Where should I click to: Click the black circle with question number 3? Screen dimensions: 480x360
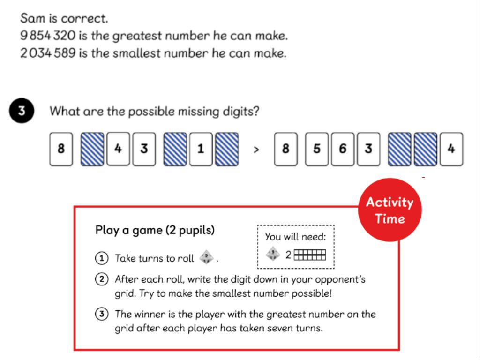coord(22,111)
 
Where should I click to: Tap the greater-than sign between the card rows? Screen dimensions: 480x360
coord(256,150)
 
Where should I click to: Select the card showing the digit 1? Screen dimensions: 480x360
coord(201,149)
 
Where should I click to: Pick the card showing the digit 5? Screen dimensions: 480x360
coord(316,149)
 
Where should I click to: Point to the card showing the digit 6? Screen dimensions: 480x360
coord(343,149)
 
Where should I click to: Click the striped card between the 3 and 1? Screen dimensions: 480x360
coord(175,149)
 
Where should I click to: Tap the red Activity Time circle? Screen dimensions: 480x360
coord(390,210)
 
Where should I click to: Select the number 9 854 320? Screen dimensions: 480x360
coord(48,36)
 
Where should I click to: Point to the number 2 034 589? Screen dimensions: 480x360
coord(48,53)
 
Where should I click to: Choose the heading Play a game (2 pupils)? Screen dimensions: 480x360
coord(155,230)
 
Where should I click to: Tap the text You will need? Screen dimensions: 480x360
coord(295,237)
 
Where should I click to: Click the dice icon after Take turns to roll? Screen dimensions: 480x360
coord(207,257)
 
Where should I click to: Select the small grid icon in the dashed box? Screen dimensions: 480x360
coord(310,255)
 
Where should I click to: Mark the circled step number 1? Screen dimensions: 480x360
coord(102,258)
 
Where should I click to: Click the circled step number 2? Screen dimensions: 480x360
coord(102,279)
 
